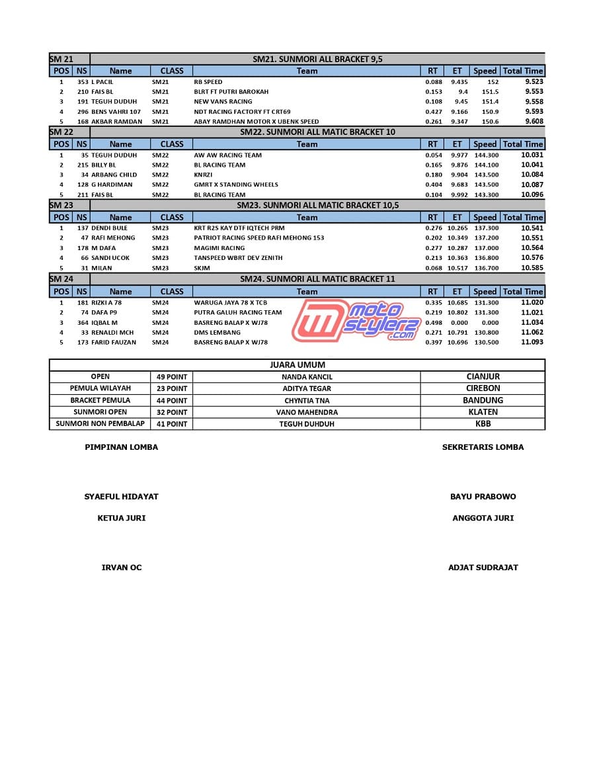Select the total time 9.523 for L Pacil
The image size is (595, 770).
click(x=534, y=82)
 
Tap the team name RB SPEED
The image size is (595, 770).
click(x=208, y=82)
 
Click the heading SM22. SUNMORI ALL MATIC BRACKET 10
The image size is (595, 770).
click(x=317, y=132)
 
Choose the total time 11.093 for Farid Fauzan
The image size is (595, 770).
click(x=532, y=342)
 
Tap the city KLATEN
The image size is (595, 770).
click(x=483, y=412)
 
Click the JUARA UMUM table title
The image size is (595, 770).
click(x=297, y=365)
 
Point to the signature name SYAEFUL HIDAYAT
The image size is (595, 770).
click(x=121, y=497)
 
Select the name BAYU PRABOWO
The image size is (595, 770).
click(x=483, y=497)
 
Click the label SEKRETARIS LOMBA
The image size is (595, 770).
click(x=483, y=447)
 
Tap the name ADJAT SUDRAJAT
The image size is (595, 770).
click(x=483, y=568)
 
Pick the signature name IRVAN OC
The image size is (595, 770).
click(x=121, y=568)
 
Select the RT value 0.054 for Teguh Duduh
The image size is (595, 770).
click(x=434, y=155)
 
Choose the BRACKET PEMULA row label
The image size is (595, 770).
click(x=100, y=401)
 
